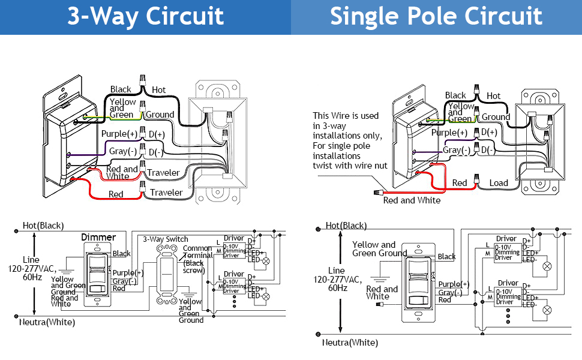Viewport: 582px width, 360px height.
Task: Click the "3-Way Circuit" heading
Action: [x=146, y=16]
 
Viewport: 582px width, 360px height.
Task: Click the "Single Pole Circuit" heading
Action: [x=436, y=16]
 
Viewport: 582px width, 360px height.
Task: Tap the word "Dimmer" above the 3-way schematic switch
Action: [x=98, y=238]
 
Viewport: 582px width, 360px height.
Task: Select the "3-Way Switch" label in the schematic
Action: [x=166, y=239]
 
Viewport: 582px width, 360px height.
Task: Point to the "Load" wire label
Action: [x=499, y=183]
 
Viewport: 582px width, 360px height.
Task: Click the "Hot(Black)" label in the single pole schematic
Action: [x=346, y=226]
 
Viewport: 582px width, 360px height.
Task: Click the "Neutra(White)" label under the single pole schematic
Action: [x=350, y=343]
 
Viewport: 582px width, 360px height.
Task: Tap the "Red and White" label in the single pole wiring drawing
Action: [x=412, y=200]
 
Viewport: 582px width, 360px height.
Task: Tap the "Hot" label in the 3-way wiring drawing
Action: [x=158, y=90]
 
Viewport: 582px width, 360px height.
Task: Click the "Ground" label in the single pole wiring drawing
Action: [x=496, y=117]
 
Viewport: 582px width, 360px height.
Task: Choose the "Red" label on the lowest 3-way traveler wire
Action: [x=116, y=194]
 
